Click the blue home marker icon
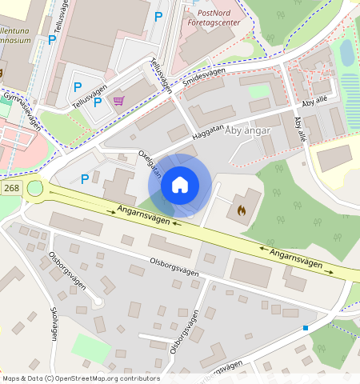click(180, 186)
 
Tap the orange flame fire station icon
click(242, 210)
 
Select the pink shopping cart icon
click(119, 100)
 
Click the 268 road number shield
click(11, 188)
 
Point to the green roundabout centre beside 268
click(35, 190)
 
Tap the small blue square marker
click(306, 328)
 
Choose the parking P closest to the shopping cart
click(98, 102)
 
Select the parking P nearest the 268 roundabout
click(84, 178)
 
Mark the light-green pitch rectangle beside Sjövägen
click(89, 348)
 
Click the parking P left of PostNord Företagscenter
click(158, 16)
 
